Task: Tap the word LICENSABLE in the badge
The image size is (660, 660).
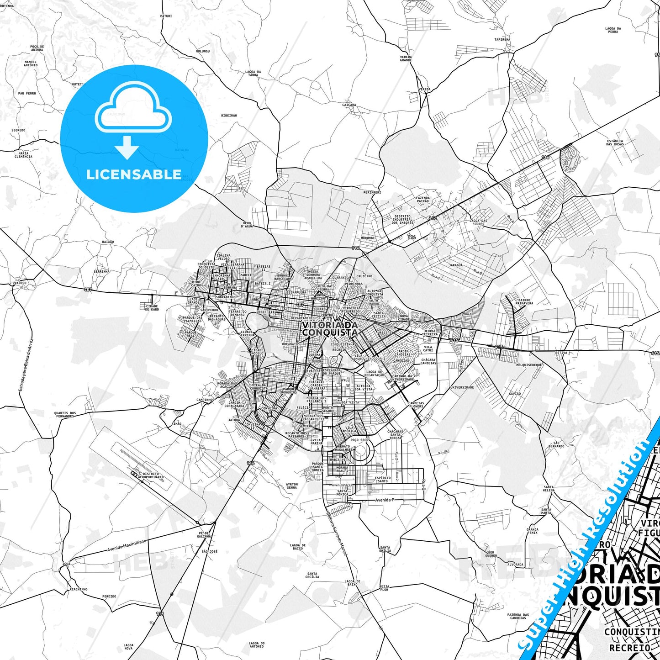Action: coord(134,174)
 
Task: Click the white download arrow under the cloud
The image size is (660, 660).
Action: coord(127,148)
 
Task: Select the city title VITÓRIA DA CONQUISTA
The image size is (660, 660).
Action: coord(329,328)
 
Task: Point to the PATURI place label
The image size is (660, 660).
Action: coord(166,16)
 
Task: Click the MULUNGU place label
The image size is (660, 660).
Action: coord(202,51)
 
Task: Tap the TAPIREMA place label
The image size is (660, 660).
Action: coord(502,40)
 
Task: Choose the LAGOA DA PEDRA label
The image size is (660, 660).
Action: coord(613,30)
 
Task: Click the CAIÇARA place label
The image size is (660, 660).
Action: coord(349,105)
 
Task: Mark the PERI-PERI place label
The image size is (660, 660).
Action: coord(372,193)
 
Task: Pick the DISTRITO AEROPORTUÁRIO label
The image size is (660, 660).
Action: coord(153,475)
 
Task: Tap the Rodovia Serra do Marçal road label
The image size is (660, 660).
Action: coord(337,532)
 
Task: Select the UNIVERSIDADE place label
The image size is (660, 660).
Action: coord(462,387)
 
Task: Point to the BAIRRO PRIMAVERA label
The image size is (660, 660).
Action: coord(524,301)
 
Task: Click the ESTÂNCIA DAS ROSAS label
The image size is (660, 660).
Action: coord(615,143)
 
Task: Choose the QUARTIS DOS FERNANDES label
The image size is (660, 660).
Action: coord(65,415)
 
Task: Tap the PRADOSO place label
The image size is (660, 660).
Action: coord(19,283)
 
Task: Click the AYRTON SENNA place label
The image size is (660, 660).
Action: coord(291,486)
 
